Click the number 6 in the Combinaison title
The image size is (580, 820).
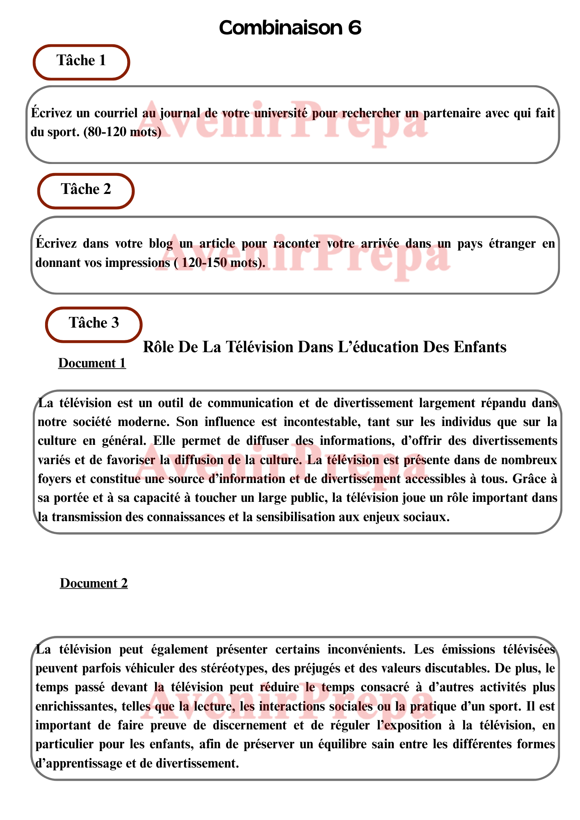click(x=355, y=28)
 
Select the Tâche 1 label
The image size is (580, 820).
click(x=81, y=61)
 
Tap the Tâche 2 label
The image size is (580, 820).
click(x=86, y=189)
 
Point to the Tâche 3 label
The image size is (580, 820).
click(x=94, y=323)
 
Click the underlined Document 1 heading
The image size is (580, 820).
click(x=92, y=363)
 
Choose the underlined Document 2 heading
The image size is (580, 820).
click(x=94, y=583)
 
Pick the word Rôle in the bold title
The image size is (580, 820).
click(x=156, y=347)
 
